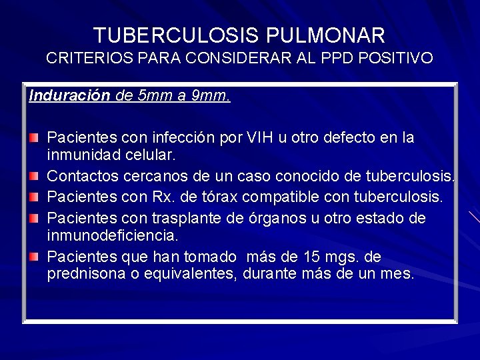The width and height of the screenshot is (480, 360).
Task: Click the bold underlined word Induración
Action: click(x=69, y=95)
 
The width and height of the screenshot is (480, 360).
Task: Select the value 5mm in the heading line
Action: click(x=155, y=95)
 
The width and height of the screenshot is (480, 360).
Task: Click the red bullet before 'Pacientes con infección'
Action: click(x=33, y=137)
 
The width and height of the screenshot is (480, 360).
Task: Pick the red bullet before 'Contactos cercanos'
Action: click(x=33, y=177)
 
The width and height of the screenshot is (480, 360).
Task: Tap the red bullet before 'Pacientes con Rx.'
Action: click(x=33, y=197)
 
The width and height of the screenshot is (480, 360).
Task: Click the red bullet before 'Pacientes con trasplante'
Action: click(x=33, y=217)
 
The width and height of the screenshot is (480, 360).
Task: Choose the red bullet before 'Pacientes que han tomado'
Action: click(x=33, y=257)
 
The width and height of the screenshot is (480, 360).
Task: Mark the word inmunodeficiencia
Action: click(x=112, y=235)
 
